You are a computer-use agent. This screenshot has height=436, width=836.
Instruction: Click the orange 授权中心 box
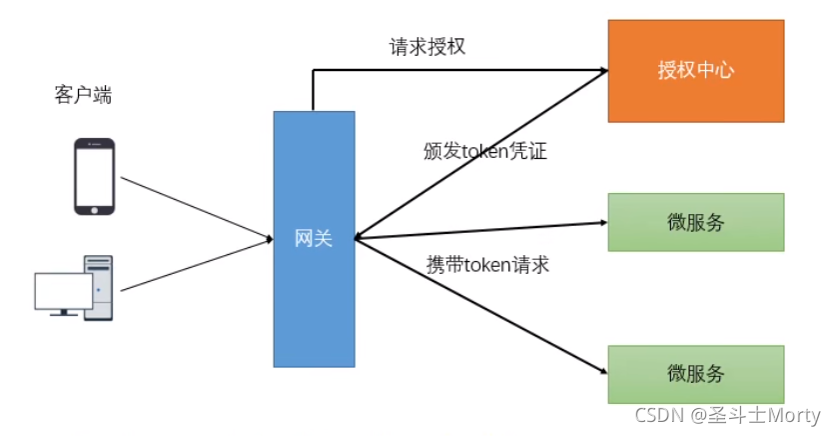[695, 70]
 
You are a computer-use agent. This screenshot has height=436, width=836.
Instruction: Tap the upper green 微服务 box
[695, 222]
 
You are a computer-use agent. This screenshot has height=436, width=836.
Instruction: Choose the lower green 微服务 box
[695, 374]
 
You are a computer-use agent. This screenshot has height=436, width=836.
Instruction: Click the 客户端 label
[82, 95]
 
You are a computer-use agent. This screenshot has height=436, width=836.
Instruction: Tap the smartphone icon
[96, 176]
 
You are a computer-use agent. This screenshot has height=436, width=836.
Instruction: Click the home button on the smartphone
[96, 208]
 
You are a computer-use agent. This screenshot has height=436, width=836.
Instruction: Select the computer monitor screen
[63, 290]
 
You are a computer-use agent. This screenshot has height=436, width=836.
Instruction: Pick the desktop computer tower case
[99, 287]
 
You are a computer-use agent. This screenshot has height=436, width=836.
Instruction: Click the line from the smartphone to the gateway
[195, 208]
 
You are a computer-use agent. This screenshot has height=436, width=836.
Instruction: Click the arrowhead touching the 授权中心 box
[602, 70]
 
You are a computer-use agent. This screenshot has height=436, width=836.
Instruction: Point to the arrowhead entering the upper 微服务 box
[602, 222]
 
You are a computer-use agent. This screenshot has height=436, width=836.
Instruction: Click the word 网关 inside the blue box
[314, 238]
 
